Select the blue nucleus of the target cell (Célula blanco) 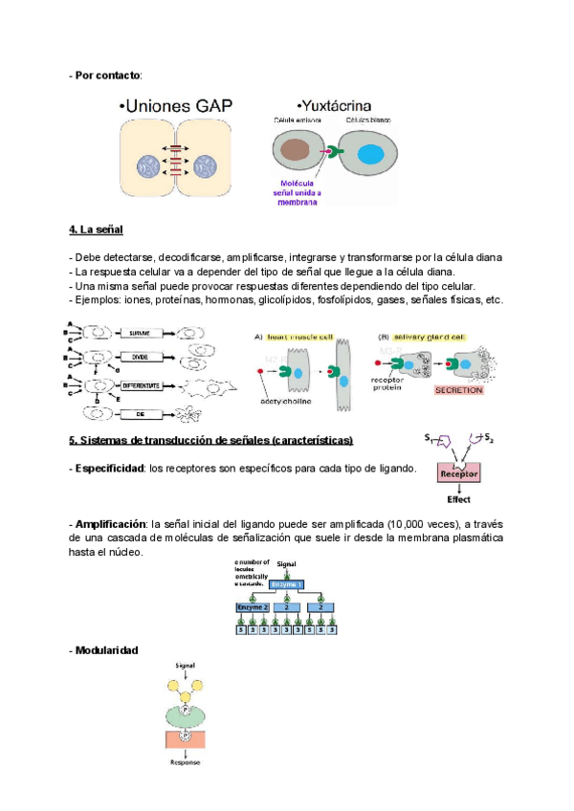[370, 153]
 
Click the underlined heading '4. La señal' [96, 230]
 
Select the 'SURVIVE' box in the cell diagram [142, 333]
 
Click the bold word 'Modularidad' [106, 650]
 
